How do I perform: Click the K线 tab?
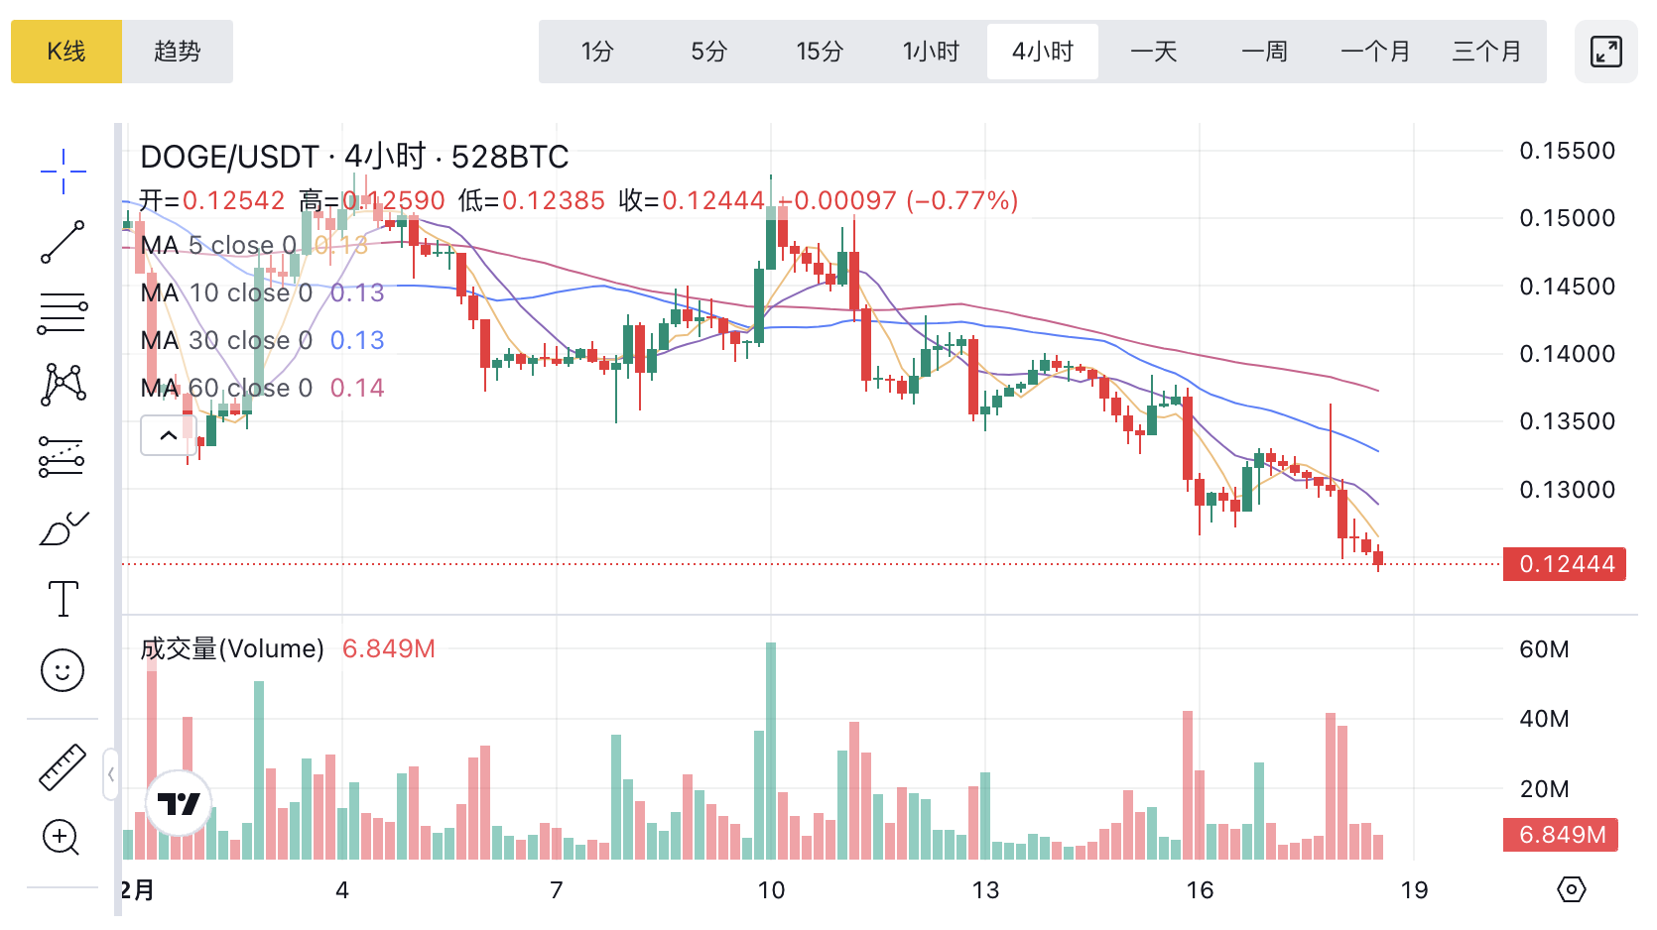(66, 52)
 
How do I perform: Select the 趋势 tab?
(178, 52)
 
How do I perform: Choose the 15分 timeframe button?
(820, 52)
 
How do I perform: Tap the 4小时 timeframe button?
(1042, 52)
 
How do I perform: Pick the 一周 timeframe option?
(1264, 52)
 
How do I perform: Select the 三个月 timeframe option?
(1486, 52)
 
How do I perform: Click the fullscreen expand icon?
(1605, 52)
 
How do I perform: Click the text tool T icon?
(63, 599)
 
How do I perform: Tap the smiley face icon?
(63, 671)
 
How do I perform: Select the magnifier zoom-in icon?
(61, 838)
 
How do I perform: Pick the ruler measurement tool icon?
(63, 767)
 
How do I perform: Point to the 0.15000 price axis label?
(1567, 218)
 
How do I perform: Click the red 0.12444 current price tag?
(1565, 564)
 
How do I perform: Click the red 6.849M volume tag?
(1561, 835)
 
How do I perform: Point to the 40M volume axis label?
(1544, 719)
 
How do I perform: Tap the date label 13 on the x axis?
(985, 890)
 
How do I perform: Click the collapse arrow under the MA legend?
(169, 435)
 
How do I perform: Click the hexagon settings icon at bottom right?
(1571, 889)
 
